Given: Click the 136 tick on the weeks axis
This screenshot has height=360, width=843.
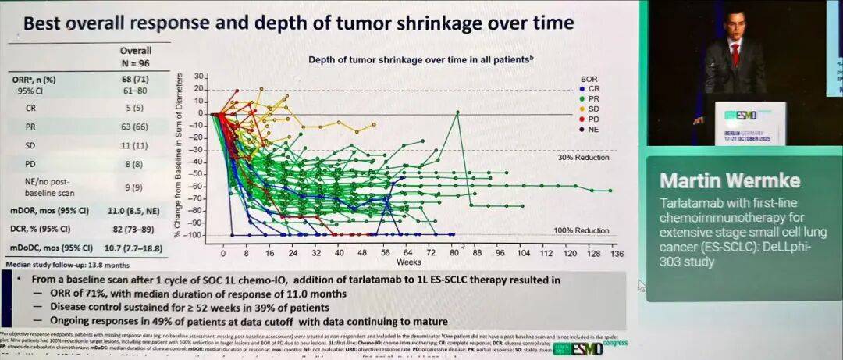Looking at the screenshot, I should click(x=617, y=254).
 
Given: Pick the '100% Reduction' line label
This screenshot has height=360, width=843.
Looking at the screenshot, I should click(x=582, y=230).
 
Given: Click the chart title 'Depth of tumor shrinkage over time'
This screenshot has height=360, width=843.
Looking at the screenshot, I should click(x=420, y=59).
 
